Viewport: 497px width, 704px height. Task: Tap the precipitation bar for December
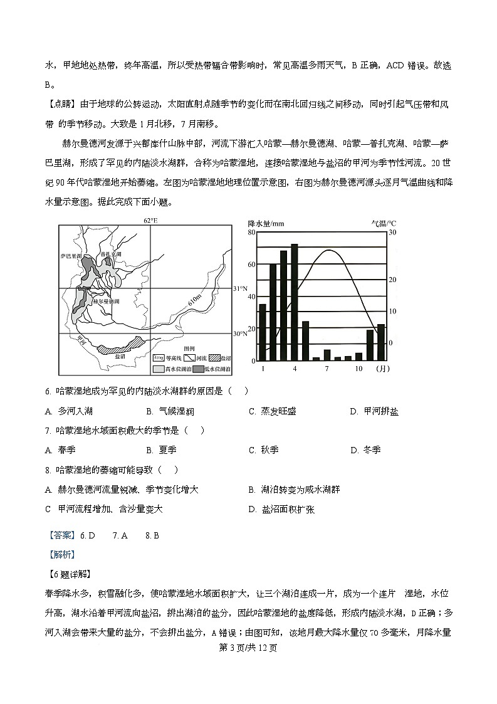(380, 342)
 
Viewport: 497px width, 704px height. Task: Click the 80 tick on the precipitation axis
(251, 233)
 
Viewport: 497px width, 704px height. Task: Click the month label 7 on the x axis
(327, 369)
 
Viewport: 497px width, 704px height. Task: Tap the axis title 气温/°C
(384, 223)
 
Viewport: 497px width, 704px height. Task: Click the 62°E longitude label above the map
(150, 221)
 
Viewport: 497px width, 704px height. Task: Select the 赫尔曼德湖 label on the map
(105, 301)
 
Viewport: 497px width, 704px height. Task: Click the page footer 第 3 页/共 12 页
(248, 648)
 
